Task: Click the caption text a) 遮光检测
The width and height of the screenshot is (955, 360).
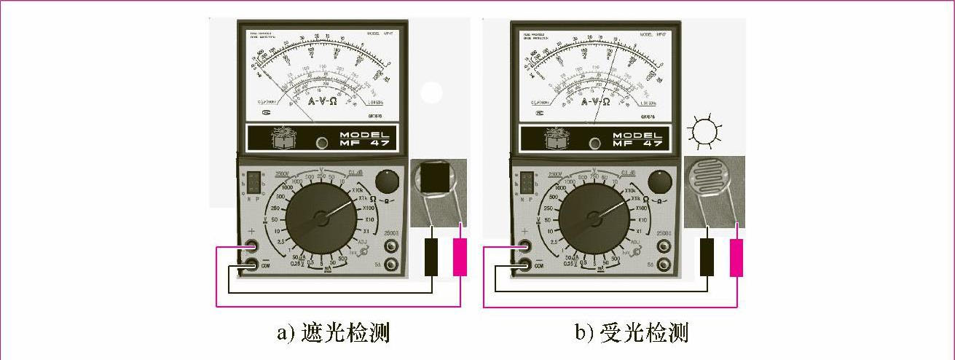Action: coord(333,334)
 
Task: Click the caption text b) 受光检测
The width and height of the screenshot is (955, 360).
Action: coord(631,334)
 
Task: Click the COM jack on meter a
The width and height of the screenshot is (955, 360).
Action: coord(251,265)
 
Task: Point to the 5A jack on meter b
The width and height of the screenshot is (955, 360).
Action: coord(664,265)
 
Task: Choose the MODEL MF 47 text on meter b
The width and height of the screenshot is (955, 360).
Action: coord(637,139)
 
